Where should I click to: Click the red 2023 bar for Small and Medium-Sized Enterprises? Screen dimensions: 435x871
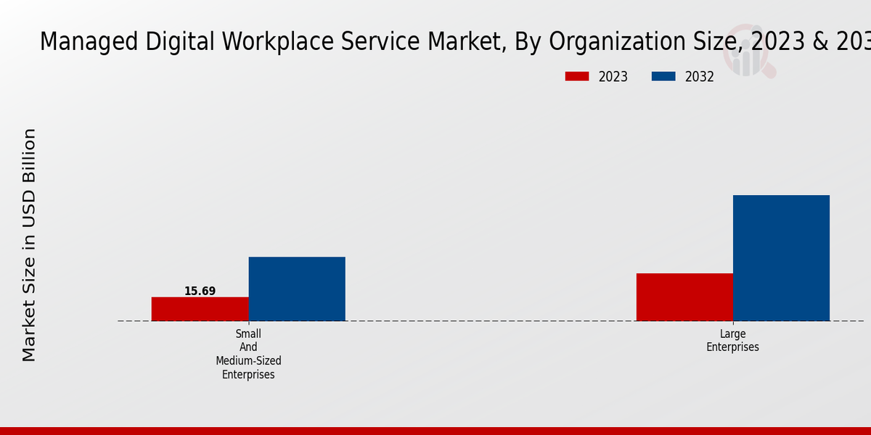pos(200,309)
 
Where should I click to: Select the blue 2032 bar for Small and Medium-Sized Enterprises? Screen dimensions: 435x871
pos(297,289)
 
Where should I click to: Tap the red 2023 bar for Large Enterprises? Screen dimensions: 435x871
pos(684,297)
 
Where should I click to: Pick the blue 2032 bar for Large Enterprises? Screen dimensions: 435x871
pos(781,258)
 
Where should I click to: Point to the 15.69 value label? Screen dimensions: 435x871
pos(200,291)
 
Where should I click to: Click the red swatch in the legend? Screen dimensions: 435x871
pos(577,76)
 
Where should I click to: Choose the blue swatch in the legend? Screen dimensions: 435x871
pos(663,76)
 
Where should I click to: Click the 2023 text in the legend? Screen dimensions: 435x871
pos(613,77)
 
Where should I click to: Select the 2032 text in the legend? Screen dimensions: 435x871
pos(700,77)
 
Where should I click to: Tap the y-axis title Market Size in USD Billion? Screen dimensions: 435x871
pos(29,245)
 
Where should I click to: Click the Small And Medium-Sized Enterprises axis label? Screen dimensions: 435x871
pos(248,354)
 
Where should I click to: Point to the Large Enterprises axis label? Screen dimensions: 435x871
pos(732,341)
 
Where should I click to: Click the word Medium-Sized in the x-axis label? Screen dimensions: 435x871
pos(248,360)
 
